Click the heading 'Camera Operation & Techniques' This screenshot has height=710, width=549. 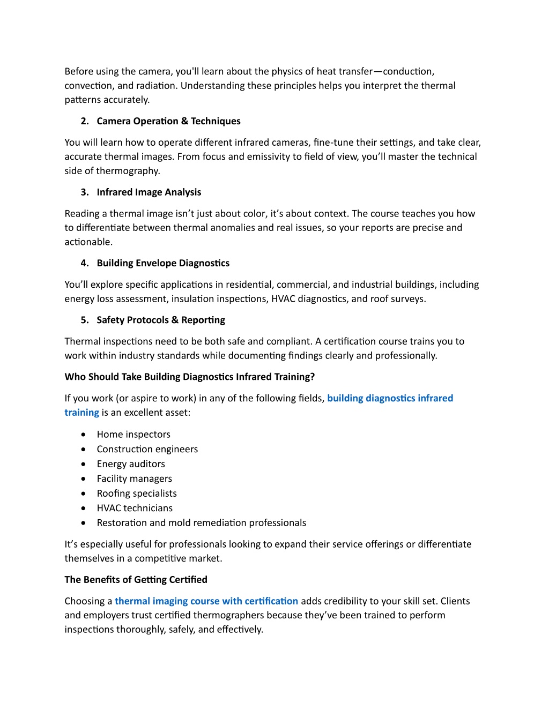(x=168, y=121)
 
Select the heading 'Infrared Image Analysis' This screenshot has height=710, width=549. (x=149, y=192)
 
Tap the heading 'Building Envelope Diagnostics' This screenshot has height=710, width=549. (x=163, y=263)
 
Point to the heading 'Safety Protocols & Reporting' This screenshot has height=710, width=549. (x=161, y=320)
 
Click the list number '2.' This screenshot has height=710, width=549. (x=85, y=121)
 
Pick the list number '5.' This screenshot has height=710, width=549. (x=85, y=320)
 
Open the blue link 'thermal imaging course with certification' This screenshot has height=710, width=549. (x=206, y=601)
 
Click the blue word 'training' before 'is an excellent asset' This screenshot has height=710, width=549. (x=81, y=413)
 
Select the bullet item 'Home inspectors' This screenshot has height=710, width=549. (x=133, y=435)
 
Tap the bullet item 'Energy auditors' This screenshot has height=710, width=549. (x=131, y=464)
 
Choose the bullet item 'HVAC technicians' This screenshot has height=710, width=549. (x=135, y=508)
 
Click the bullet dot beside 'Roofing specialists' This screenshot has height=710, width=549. (x=84, y=494)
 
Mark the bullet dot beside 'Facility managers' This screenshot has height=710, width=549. (x=84, y=479)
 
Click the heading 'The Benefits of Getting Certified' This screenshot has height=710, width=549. (x=136, y=580)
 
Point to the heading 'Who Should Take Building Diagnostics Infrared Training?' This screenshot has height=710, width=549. (x=189, y=377)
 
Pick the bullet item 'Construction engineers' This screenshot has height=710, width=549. (x=147, y=449)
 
